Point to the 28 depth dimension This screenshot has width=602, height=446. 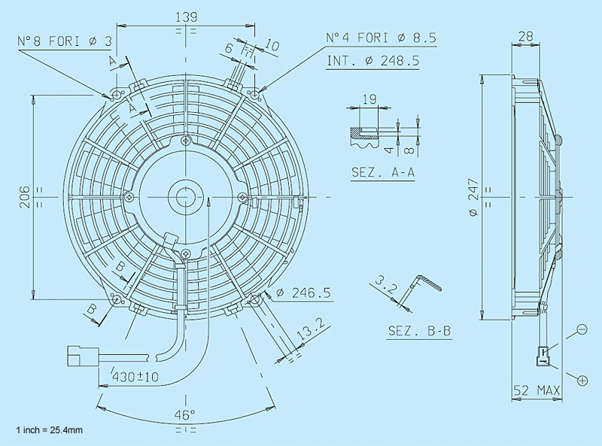click(x=525, y=35)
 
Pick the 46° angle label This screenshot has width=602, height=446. click(x=185, y=414)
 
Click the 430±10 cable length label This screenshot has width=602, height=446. click(x=136, y=376)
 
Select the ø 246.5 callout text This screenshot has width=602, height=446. click(x=305, y=293)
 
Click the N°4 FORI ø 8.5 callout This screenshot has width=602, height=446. click(x=381, y=37)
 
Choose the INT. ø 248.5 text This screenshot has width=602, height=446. click(x=373, y=60)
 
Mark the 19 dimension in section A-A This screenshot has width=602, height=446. click(x=369, y=99)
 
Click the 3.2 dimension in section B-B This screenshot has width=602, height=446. click(x=385, y=287)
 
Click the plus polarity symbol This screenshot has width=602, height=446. click(x=582, y=381)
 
